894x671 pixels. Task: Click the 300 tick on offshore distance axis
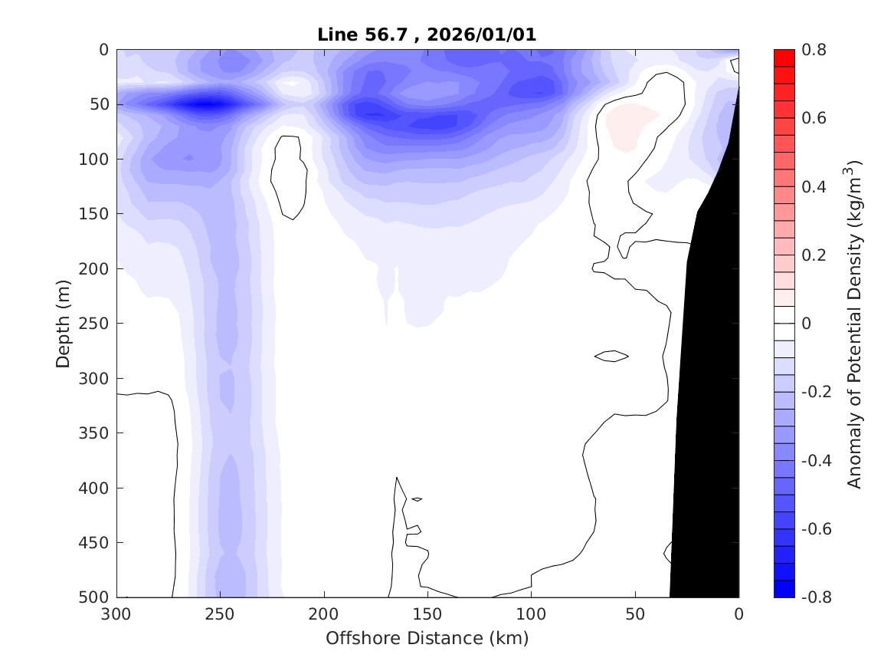(x=117, y=614)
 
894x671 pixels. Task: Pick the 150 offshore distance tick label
(x=427, y=614)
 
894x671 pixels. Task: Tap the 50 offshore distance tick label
(x=635, y=614)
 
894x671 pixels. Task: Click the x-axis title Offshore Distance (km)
(x=427, y=638)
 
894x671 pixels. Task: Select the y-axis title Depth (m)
(x=64, y=324)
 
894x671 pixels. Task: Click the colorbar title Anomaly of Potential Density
(x=855, y=324)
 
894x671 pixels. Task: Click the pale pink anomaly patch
(x=630, y=123)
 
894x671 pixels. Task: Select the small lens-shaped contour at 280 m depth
(x=611, y=356)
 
